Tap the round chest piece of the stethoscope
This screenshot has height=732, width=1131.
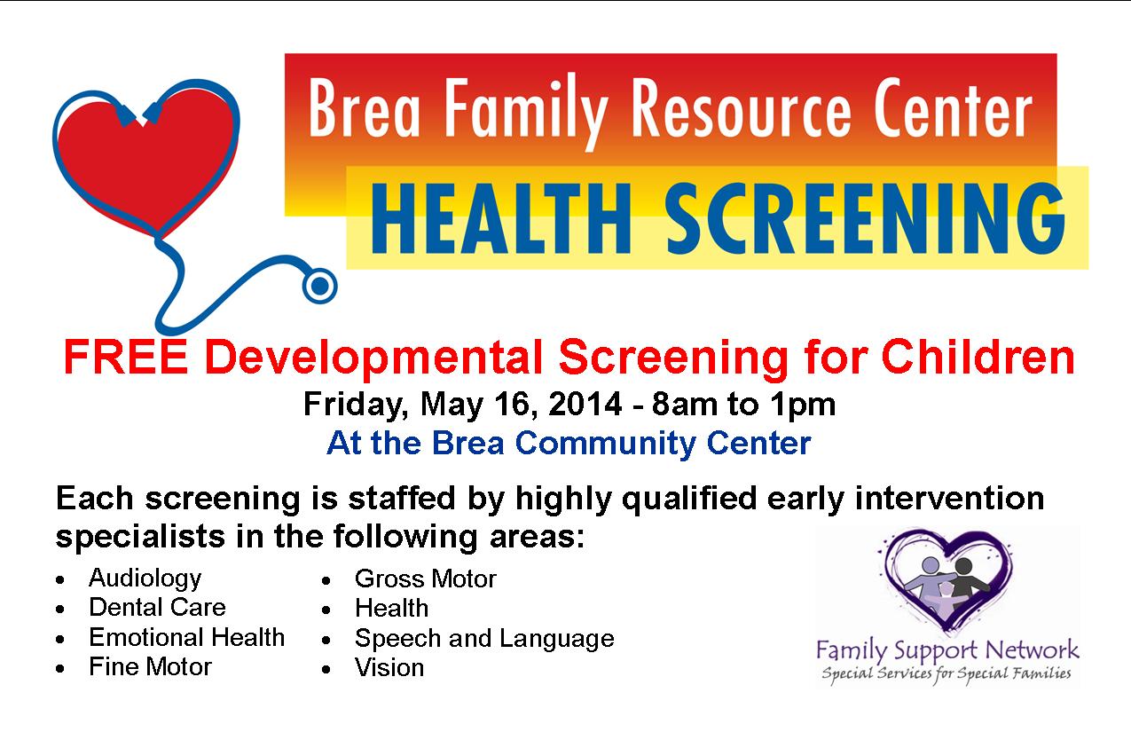pyautogui.click(x=320, y=286)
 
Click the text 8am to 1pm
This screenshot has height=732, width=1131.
pyautogui.click(x=743, y=405)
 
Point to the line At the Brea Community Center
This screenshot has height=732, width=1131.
pyautogui.click(x=569, y=443)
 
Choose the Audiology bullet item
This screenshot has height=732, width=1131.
pyautogui.click(x=145, y=579)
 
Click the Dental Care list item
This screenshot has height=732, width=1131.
pyautogui.click(x=157, y=608)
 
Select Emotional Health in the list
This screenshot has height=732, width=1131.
pyautogui.click(x=186, y=637)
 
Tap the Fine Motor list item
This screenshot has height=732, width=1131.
pyautogui.click(x=150, y=666)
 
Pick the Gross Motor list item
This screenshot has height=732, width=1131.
pyautogui.click(x=425, y=579)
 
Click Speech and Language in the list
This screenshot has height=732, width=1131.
pyautogui.click(x=483, y=638)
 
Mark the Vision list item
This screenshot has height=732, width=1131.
pyautogui.click(x=389, y=667)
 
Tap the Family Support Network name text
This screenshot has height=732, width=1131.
pyautogui.click(x=947, y=649)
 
